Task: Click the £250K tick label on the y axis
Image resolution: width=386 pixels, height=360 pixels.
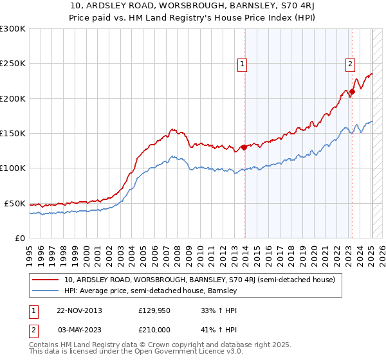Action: [13, 64]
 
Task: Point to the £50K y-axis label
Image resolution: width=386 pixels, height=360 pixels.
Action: [15, 203]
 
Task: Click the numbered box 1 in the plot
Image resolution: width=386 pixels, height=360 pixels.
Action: [243, 64]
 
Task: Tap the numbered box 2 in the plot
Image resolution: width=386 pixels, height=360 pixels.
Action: [350, 64]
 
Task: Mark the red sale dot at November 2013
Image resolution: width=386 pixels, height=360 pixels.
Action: [244, 147]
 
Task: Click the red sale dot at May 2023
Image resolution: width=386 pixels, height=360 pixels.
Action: [352, 92]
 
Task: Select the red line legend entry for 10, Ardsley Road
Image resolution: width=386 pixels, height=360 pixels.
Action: [199, 280]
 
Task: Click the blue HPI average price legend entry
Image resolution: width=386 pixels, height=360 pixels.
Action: [151, 291]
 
